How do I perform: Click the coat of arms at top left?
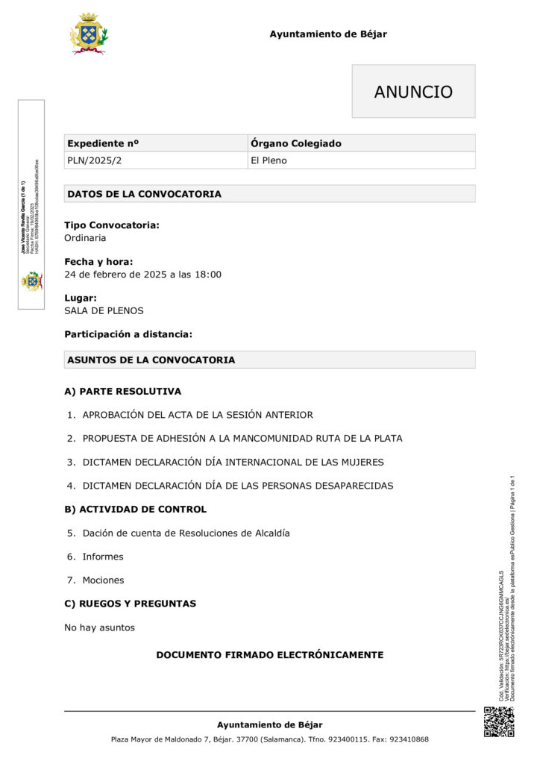88,33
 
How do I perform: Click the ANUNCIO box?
413,92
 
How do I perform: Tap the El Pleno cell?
269,160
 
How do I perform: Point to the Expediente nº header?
103,143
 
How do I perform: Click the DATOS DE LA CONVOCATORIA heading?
144,194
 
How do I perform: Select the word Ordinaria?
85,238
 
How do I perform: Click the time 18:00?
208,275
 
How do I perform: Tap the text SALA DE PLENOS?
104,310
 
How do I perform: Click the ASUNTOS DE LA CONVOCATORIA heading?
151,360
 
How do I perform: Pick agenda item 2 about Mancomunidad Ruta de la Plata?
242,439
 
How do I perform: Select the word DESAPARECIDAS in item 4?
342,486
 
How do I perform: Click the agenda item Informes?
103,557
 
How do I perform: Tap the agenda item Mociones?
103,580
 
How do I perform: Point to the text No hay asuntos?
99,627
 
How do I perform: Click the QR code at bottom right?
499,721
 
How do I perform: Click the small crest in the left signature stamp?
31,281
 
